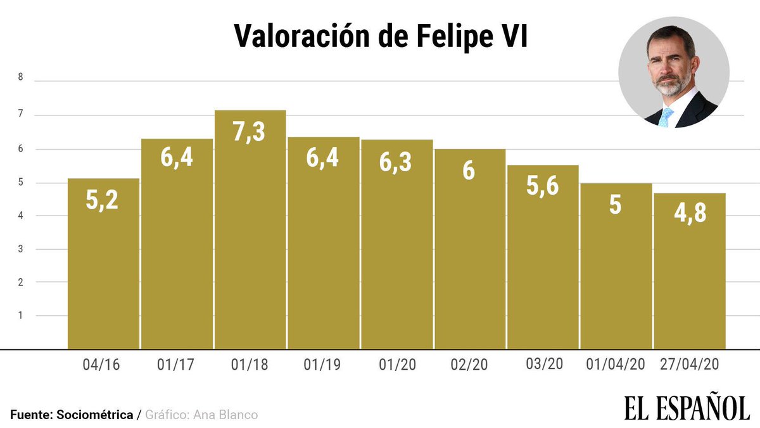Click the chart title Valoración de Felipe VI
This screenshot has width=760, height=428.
pyautogui.click(x=380, y=36)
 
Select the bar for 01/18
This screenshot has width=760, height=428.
pyautogui.click(x=250, y=241)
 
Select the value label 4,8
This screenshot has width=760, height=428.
pyautogui.click(x=690, y=212)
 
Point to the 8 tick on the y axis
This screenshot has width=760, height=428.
pyautogui.click(x=20, y=78)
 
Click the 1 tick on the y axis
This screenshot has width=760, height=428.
pyautogui.click(x=20, y=315)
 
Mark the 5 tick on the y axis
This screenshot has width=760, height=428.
pyautogui.click(x=20, y=183)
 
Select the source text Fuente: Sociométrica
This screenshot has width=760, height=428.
pyautogui.click(x=72, y=415)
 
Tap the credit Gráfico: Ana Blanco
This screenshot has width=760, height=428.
pyautogui.click(x=201, y=415)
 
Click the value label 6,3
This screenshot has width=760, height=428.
pyautogui.click(x=396, y=162)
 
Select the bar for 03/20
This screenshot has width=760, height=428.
pyautogui.click(x=543, y=266)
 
